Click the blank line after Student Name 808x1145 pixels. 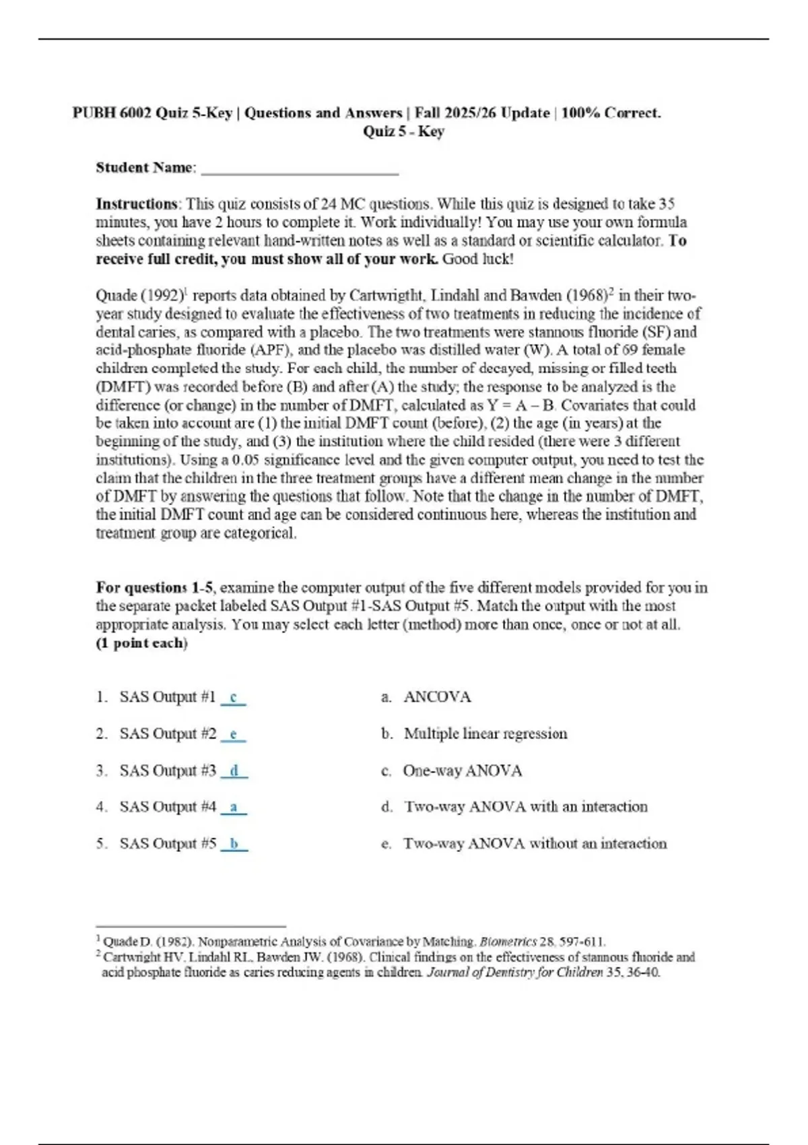[300, 170]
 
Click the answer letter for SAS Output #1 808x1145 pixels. [234, 698]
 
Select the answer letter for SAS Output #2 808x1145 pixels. [234, 734]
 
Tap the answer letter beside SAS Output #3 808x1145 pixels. [234, 771]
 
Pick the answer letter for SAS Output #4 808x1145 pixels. [234, 807]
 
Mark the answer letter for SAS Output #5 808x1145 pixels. [234, 843]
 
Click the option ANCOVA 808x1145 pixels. [437, 697]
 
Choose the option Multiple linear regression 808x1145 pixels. [485, 733]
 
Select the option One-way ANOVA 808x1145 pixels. [462, 771]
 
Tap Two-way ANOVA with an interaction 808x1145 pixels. [525, 807]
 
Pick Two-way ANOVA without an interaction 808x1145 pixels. [535, 843]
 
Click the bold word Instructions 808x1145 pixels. [137, 204]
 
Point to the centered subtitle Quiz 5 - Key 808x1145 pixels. [403, 131]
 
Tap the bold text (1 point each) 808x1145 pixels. [141, 643]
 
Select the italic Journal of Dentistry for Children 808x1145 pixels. [514, 973]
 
